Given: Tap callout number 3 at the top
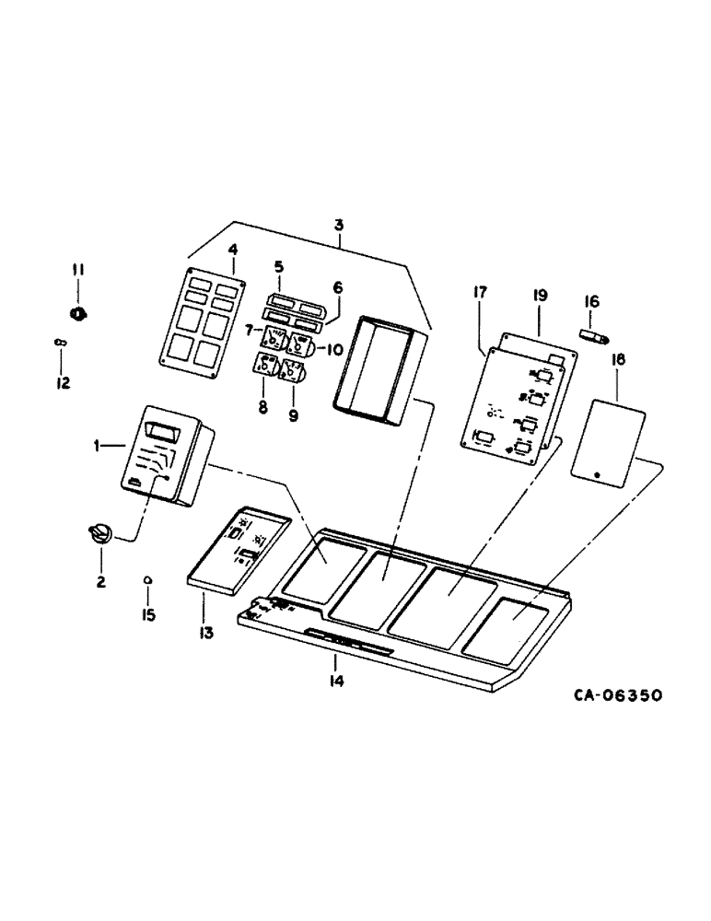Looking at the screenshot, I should pyautogui.click(x=340, y=224).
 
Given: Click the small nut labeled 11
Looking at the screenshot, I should pyautogui.click(x=79, y=312).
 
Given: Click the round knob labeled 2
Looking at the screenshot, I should pyautogui.click(x=99, y=533).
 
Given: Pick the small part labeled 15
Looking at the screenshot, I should pyautogui.click(x=147, y=580).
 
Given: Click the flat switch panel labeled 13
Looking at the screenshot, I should pyautogui.click(x=239, y=550).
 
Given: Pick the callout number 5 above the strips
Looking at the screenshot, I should pyautogui.click(x=278, y=267).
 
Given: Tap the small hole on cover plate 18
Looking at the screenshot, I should pyautogui.click(x=596, y=475).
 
